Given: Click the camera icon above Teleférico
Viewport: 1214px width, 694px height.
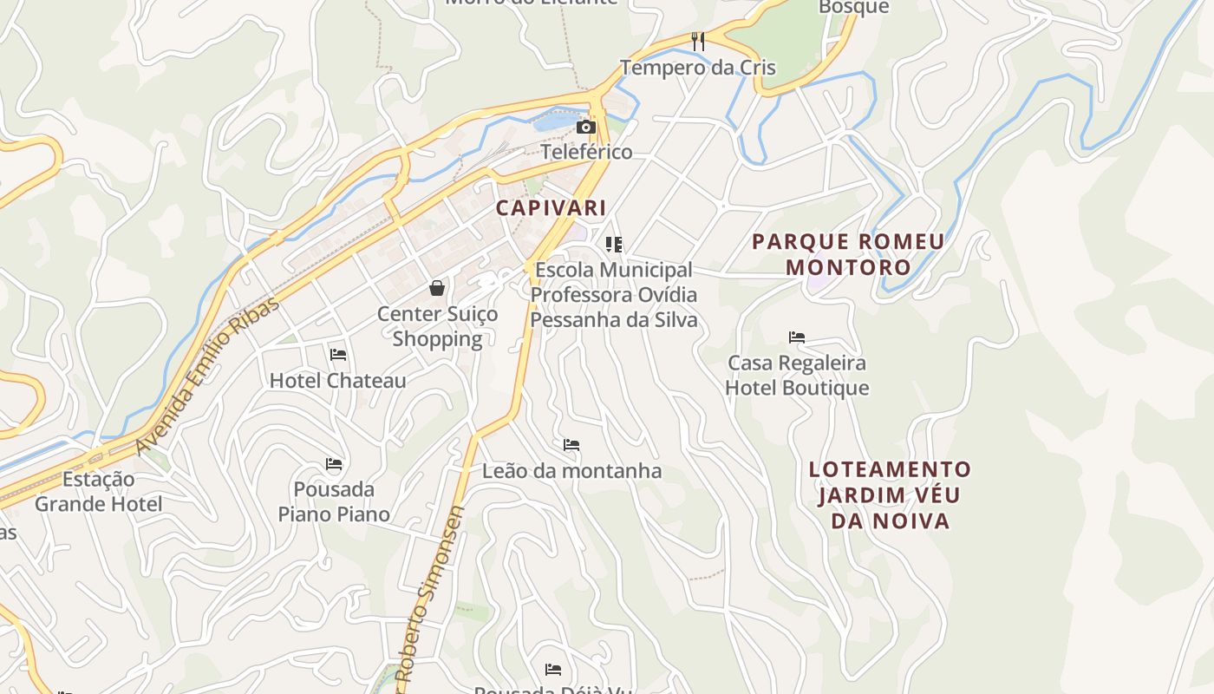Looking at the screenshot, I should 586,128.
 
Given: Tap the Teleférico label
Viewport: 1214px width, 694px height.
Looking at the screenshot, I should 586,152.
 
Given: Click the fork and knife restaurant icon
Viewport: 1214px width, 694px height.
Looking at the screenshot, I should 697,41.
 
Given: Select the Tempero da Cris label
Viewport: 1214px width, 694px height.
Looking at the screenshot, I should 697,67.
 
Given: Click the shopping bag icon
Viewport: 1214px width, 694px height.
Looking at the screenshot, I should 437,287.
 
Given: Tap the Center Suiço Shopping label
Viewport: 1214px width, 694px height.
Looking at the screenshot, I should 437,326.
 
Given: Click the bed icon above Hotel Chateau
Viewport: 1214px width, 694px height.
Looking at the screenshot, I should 338,354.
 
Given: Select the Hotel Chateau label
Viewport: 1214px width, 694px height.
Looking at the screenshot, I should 337,381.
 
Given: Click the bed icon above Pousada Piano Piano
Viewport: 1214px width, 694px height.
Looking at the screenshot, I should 334,463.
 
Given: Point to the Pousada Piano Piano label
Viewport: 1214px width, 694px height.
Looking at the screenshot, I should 334,501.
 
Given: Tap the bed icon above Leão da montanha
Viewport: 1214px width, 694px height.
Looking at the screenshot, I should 571,445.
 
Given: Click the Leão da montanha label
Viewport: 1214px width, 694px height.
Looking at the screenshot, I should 571,471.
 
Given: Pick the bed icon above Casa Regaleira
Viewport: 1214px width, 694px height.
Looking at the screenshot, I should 797,337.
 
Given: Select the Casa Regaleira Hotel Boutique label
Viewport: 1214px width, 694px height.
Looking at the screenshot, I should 797,375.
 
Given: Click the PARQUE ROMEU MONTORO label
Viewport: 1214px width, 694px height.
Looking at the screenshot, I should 848,254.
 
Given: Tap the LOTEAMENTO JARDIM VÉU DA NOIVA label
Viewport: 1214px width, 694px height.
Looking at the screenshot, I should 891,495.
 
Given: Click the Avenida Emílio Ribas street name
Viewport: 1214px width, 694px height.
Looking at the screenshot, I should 208,375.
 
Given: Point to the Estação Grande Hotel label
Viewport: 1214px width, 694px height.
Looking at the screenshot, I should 98,491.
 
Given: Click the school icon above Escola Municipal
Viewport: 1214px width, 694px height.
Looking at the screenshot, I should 614,245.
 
